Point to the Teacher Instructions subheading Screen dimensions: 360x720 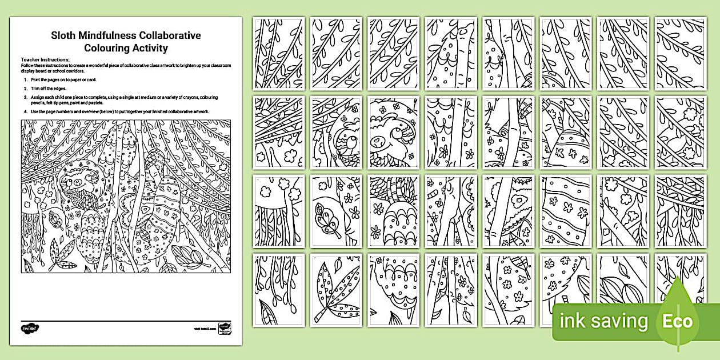click(x=45, y=59)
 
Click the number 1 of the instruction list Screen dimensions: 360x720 click(x=26, y=81)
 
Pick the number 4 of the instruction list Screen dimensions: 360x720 click(x=26, y=112)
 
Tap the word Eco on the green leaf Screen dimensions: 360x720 click(x=677, y=321)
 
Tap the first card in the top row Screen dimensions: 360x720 click(x=279, y=53)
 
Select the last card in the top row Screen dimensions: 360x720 click(x=680, y=53)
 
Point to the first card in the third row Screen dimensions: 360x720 click(x=279, y=211)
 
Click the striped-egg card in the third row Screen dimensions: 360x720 click(x=565, y=211)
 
